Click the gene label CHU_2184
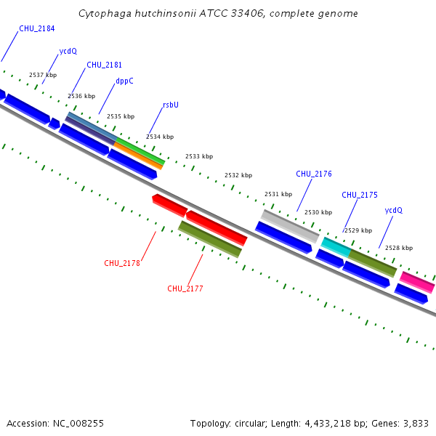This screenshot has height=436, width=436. (x=37, y=28)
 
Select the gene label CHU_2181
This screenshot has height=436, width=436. (x=104, y=65)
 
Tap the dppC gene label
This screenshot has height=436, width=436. (x=124, y=81)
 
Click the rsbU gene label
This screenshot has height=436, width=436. (x=170, y=105)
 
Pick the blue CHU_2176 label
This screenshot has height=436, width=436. (x=314, y=174)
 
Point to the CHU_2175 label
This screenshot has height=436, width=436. (x=360, y=195)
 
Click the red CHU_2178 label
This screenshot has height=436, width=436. (x=122, y=263)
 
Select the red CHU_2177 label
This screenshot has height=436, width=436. (x=185, y=288)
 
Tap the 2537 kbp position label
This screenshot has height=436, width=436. (x=43, y=75)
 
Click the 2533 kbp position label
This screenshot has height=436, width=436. (x=199, y=156)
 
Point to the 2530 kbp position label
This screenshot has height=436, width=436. (x=318, y=212)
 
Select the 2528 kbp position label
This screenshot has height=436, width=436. (x=399, y=248)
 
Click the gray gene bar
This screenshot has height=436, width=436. (x=290, y=227)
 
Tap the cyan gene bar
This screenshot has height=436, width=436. (x=336, y=246)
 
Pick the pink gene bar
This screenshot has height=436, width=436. (x=417, y=282)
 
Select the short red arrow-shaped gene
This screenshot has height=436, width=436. (x=169, y=205)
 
